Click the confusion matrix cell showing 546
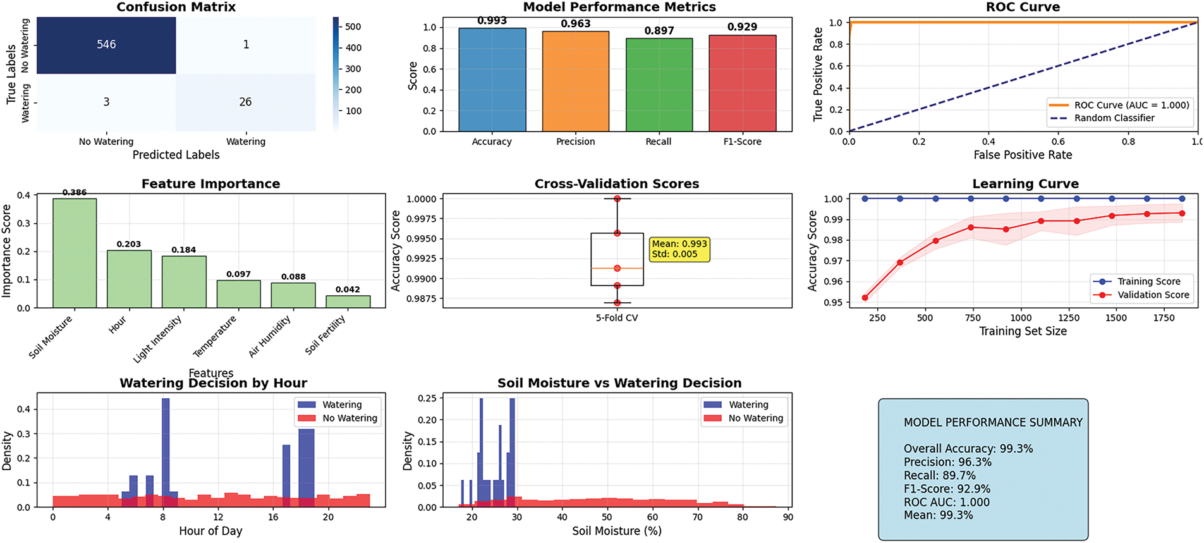click(x=106, y=45)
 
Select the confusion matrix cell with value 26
click(x=245, y=102)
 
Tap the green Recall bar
click(x=659, y=85)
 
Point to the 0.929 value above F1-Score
click(x=742, y=27)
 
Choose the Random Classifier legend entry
click(x=1114, y=118)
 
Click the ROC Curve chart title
click(x=1023, y=7)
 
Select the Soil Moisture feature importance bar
click(x=75, y=253)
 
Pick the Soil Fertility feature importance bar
click(x=348, y=302)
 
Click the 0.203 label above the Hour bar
click(x=129, y=244)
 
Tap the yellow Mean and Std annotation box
click(x=679, y=249)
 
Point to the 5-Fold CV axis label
click(x=617, y=318)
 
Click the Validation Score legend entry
click(x=1153, y=295)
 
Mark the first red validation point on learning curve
click(x=865, y=298)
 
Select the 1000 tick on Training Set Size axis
click(x=1021, y=318)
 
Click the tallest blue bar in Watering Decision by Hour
click(x=166, y=452)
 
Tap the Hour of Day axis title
click(x=210, y=531)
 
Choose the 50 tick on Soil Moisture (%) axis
click(x=607, y=517)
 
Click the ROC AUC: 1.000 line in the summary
click(x=946, y=502)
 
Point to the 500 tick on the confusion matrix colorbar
click(x=353, y=27)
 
